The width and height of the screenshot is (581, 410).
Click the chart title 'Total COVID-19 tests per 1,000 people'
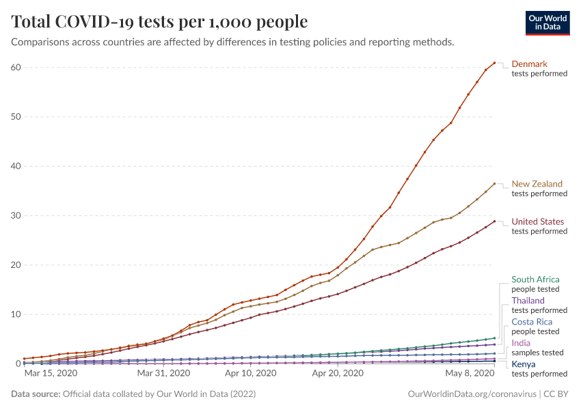point(159,22)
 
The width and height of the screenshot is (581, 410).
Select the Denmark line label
point(530,64)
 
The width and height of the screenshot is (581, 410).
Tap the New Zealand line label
point(537,184)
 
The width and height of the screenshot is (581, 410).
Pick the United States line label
point(538,221)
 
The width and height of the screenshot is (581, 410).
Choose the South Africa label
point(535,279)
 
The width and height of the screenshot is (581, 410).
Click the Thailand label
point(528,301)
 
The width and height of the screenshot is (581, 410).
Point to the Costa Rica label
point(532,322)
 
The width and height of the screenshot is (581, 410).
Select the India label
point(521,343)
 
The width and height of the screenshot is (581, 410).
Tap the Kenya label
point(523,364)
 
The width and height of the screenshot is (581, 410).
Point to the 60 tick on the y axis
point(16,67)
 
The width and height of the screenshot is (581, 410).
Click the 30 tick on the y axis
point(16,215)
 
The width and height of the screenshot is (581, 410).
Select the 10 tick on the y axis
point(16,314)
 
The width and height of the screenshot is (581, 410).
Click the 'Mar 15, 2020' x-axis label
point(51,374)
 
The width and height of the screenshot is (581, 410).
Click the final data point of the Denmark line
point(494,63)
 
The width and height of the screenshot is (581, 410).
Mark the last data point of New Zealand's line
point(494,183)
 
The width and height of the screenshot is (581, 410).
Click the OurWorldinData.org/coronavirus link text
point(470,394)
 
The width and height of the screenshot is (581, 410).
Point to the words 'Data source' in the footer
point(35,394)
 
